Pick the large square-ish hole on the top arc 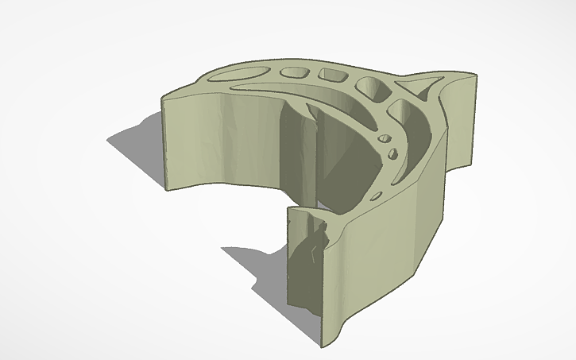pyautogui.click(x=371, y=87)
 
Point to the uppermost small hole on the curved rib pyautogui.click(x=387, y=138)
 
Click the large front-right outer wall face pyautogui.click(x=381, y=254)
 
